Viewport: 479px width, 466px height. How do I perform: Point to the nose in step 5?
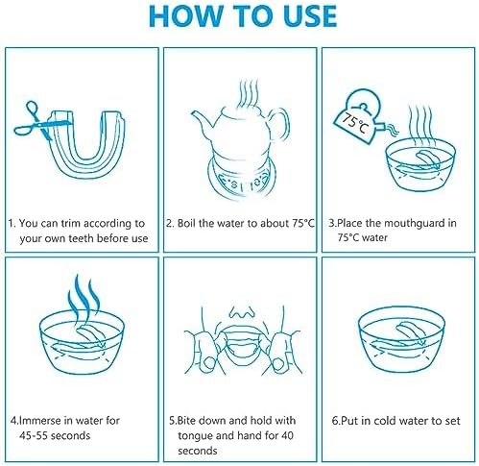click(242, 312)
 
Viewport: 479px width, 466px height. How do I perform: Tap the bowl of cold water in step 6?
click(401, 339)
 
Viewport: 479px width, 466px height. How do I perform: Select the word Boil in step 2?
click(186, 223)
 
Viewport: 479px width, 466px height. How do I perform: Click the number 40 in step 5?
click(287, 435)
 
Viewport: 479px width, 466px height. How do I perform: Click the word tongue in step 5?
click(196, 436)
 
